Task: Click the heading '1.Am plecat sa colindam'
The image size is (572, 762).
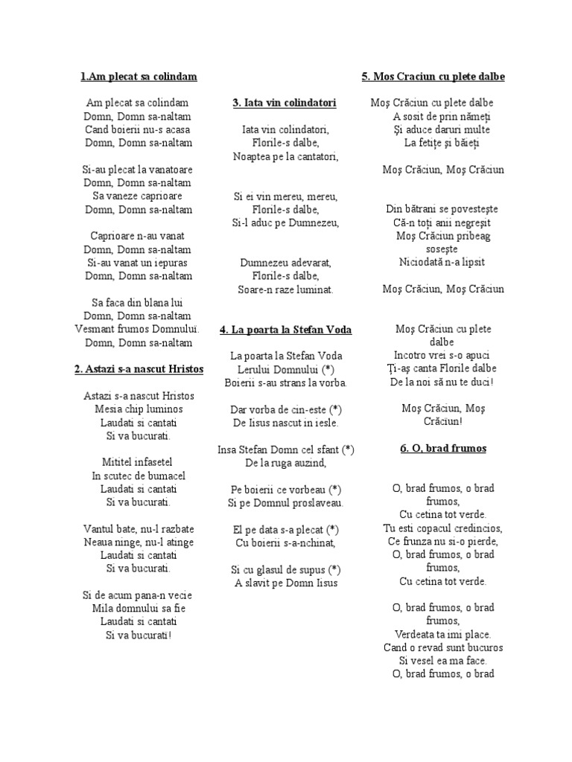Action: (x=138, y=77)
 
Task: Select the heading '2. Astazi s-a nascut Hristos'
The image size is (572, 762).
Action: (x=138, y=369)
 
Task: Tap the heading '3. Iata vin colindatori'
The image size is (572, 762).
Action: (x=285, y=103)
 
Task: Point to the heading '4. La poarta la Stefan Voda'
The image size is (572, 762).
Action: (x=286, y=330)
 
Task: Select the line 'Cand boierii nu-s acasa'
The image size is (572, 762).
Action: (x=138, y=129)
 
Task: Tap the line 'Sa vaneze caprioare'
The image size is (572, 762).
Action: (x=138, y=196)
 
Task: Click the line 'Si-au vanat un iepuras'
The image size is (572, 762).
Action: (x=138, y=263)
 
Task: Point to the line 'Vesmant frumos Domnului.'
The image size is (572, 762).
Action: (x=138, y=329)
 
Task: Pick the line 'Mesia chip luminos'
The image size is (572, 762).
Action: (x=138, y=409)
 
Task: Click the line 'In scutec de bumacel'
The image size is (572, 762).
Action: (x=138, y=476)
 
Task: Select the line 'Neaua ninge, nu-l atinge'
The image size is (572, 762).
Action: (x=138, y=542)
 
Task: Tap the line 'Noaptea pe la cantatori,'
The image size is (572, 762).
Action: (x=286, y=156)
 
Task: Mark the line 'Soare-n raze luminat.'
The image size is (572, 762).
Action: (x=286, y=289)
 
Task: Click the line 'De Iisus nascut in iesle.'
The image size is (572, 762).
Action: (x=286, y=423)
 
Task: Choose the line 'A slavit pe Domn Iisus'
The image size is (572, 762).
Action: (x=286, y=583)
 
